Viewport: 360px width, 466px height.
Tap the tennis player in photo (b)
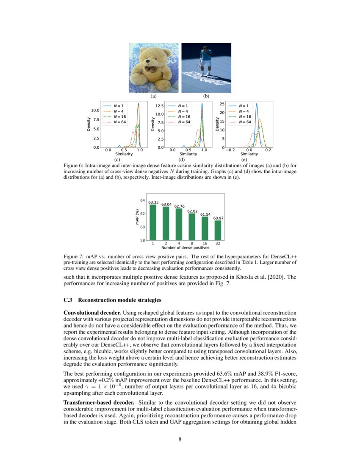click(205, 60)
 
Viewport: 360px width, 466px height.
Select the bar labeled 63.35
click(153, 222)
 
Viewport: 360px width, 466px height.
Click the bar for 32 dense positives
click(217, 230)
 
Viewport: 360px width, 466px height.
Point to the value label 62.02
click(192, 211)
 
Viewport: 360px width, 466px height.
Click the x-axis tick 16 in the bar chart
click(205, 244)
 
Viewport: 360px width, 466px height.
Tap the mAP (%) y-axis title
click(137, 219)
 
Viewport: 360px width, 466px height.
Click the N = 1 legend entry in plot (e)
click(244, 106)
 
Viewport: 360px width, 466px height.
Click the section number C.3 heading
click(68, 300)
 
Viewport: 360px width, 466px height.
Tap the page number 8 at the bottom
click(180, 439)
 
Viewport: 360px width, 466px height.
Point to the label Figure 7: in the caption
click(75, 257)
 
